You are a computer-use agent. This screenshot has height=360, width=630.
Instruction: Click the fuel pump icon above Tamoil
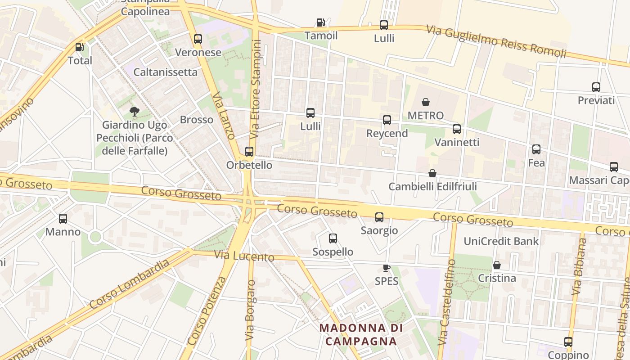click(x=320, y=22)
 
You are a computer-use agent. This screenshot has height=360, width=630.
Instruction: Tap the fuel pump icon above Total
click(x=80, y=47)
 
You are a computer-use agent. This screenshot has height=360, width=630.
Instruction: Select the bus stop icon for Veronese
click(x=198, y=39)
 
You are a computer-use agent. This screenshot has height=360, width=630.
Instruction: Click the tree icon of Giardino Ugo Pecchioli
click(x=134, y=111)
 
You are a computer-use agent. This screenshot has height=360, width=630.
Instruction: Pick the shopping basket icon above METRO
click(x=425, y=102)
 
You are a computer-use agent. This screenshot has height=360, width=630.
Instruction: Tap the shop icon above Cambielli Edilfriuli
click(x=432, y=173)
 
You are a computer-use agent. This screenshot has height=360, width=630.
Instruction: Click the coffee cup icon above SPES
click(x=386, y=268)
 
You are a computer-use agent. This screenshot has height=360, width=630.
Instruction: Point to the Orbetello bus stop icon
click(x=249, y=152)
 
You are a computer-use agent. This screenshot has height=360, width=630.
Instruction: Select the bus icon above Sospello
click(x=333, y=238)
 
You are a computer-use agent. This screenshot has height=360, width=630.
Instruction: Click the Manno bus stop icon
click(x=63, y=219)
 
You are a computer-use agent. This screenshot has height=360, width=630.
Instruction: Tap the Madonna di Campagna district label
click(x=361, y=334)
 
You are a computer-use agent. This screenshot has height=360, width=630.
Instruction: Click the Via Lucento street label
click(x=244, y=256)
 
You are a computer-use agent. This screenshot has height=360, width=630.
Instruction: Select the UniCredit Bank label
click(x=501, y=241)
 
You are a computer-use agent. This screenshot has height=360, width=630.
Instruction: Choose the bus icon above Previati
click(x=596, y=87)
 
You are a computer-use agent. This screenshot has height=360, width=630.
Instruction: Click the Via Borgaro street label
click(x=250, y=310)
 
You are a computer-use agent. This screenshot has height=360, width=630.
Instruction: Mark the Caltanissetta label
click(x=166, y=72)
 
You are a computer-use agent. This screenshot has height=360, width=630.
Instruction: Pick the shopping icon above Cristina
click(x=497, y=265)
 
